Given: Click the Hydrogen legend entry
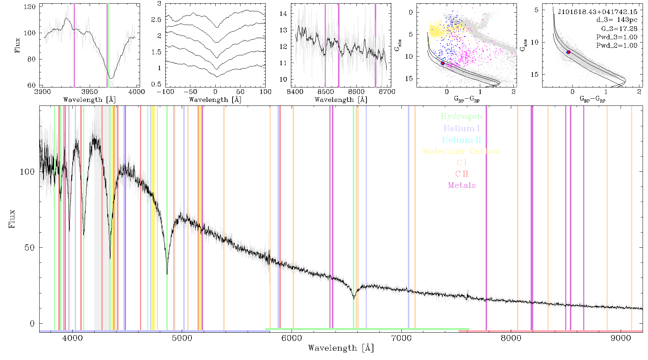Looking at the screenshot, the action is click(462, 116).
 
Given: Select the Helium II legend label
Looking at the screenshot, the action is click(462, 140).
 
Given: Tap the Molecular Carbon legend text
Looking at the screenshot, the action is click(462, 151).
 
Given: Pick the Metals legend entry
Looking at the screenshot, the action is click(462, 185).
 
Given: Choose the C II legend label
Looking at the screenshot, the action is click(462, 174).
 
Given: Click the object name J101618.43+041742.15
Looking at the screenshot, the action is click(598, 12).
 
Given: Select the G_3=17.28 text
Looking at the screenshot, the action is click(619, 28).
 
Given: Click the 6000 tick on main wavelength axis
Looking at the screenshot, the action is click(292, 338).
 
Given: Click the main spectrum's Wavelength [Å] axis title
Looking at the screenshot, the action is click(341, 348).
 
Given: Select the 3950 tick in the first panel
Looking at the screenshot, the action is click(90, 92).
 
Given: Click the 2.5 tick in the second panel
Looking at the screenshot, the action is click(156, 19).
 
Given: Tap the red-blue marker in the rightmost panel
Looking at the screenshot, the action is click(568, 52).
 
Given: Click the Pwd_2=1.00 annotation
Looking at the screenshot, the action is click(617, 46).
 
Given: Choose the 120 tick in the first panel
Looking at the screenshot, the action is click(30, 7).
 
